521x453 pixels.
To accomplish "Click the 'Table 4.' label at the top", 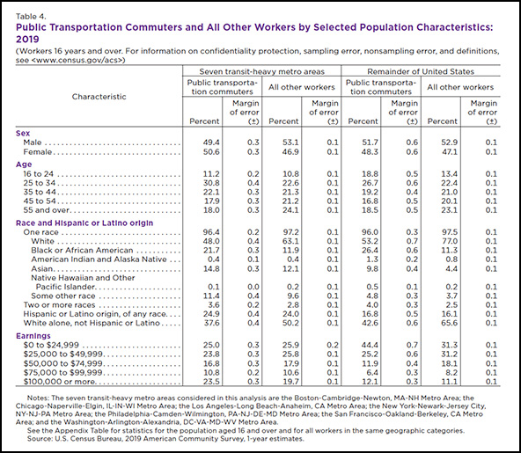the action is click(x=31, y=17).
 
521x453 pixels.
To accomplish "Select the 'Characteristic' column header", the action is click(x=99, y=97).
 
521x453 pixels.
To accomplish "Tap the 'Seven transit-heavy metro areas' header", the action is click(x=262, y=71).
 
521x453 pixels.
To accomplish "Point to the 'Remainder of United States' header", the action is click(x=421, y=71).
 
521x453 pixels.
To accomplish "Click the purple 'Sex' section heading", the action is click(x=23, y=133).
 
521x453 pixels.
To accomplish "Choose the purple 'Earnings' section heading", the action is click(x=33, y=336).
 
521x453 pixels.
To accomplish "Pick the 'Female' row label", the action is click(x=38, y=152).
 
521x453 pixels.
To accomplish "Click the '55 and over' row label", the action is click(x=46, y=210).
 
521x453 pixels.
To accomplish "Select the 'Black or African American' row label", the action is click(x=82, y=250).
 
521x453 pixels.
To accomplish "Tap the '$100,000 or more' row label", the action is click(x=60, y=382).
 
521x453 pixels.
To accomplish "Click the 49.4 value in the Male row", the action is click(x=211, y=142).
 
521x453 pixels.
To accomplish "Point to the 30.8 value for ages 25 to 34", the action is click(x=211, y=183).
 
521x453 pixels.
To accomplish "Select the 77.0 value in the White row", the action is click(x=449, y=241).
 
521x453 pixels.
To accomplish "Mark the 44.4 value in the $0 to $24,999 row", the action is click(x=370, y=345).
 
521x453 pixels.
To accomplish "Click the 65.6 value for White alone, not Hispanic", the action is click(x=449, y=323).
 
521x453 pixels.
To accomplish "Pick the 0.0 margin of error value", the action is click(x=253, y=287).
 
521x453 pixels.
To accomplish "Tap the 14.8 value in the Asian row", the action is click(x=211, y=268).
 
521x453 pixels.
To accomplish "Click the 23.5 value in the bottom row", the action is click(x=211, y=382).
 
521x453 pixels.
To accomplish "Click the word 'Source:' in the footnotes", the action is click(x=39, y=439).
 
